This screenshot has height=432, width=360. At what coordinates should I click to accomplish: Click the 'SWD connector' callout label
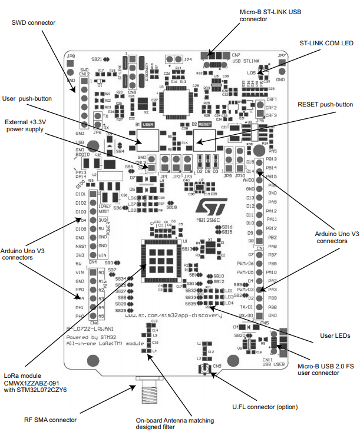tap(34, 22)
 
